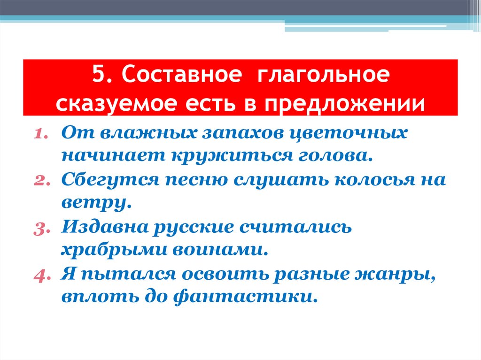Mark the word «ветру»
click(x=92, y=202)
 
